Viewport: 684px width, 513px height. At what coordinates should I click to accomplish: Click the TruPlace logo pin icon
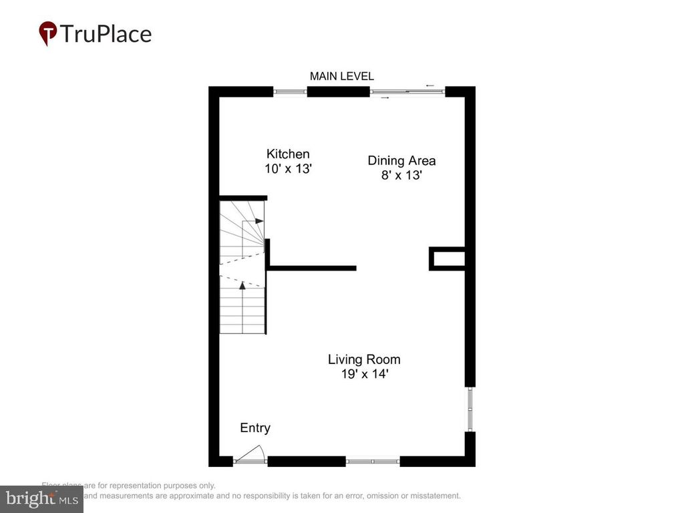point(48,33)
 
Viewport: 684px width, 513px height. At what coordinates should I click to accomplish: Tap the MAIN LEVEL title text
point(341,77)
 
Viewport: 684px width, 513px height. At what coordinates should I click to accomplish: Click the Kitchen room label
point(288,154)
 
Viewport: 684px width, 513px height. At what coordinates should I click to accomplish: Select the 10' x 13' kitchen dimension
point(288,169)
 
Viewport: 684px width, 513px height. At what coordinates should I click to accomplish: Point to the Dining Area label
point(401,160)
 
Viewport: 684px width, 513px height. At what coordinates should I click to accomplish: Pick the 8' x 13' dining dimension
point(401,176)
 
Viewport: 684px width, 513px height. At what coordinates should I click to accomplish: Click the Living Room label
point(364,359)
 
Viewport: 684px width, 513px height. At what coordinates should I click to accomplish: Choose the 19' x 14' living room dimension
point(364,375)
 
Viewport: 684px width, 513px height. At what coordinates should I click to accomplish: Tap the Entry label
point(255,428)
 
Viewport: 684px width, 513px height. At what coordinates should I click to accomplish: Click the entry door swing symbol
point(251,454)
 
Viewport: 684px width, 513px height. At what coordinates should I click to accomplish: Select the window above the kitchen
point(290,92)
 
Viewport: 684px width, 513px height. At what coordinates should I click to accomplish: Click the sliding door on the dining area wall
point(407,92)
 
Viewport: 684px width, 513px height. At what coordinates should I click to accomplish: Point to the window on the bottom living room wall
point(372,460)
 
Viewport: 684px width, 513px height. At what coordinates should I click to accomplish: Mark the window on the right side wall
point(470,409)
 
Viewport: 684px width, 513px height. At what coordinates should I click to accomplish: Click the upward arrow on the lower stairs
point(242,285)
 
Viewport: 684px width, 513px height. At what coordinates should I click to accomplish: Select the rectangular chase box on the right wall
point(447,259)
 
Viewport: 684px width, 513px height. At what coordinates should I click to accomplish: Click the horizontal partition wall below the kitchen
point(312,268)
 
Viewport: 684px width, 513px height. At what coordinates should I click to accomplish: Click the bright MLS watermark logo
point(41,498)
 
